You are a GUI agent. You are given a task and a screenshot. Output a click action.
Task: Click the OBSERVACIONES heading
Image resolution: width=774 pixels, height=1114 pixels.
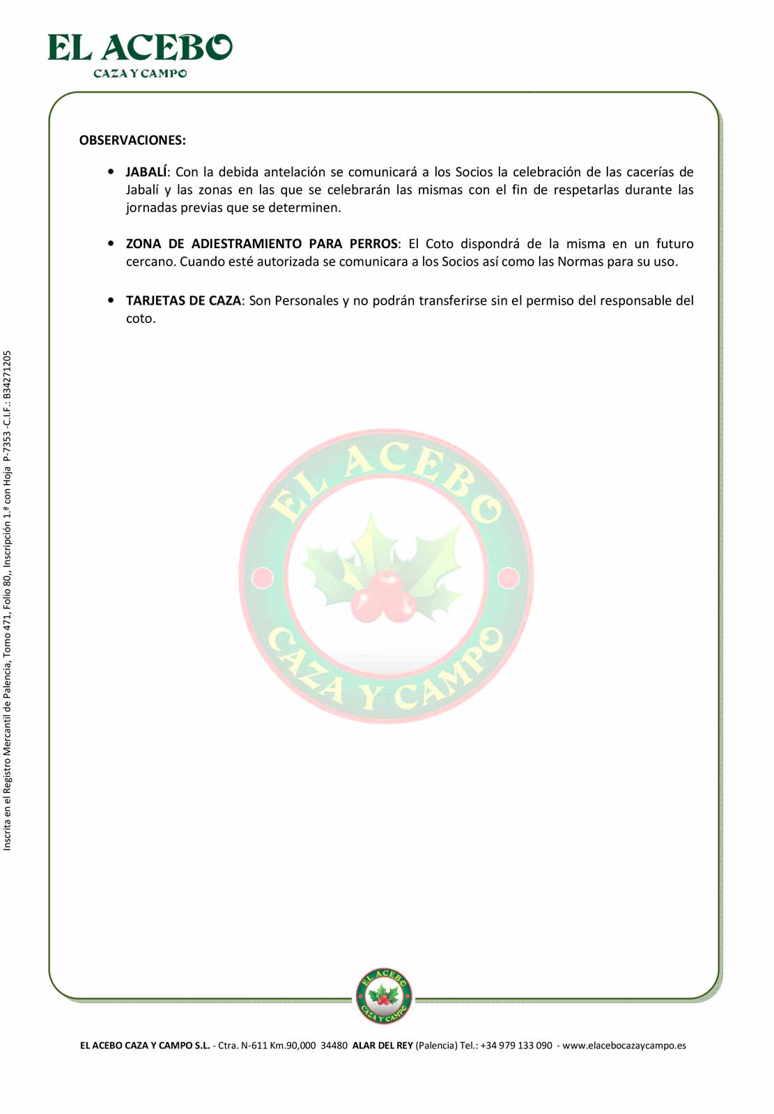click(132, 140)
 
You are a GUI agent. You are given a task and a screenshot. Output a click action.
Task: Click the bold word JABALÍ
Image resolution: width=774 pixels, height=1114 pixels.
click(146, 172)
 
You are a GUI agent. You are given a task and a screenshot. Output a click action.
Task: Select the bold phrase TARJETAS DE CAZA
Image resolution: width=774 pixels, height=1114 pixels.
click(183, 300)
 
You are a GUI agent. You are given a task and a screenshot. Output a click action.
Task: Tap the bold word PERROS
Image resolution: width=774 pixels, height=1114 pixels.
click(373, 244)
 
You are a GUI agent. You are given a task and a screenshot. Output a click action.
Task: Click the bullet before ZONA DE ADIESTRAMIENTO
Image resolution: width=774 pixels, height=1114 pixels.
click(111, 243)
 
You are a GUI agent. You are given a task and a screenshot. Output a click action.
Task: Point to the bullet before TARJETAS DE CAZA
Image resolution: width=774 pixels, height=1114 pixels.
click(111, 300)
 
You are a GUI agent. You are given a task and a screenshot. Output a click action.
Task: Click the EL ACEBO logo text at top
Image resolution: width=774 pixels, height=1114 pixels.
click(139, 48)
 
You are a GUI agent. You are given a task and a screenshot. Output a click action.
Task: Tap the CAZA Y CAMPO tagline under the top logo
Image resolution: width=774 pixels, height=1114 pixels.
click(140, 73)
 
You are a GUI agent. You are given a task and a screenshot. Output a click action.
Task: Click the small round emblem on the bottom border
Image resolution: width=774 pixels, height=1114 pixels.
click(384, 995)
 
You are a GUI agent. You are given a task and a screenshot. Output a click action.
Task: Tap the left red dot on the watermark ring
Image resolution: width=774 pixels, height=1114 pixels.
click(263, 578)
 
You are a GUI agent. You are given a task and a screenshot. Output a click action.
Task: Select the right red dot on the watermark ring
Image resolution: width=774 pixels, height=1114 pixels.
click(509, 578)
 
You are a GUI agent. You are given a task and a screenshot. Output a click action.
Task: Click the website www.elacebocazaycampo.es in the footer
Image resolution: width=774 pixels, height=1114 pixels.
click(624, 1046)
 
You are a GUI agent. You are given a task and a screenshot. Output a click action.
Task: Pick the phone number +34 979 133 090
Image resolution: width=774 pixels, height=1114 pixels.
click(516, 1046)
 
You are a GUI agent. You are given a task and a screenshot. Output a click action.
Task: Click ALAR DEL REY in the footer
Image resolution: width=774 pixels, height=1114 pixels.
click(382, 1046)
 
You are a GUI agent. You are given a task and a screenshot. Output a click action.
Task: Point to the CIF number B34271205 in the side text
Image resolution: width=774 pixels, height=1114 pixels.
click(7, 374)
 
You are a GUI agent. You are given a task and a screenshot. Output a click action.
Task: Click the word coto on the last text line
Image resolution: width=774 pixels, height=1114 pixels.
click(140, 319)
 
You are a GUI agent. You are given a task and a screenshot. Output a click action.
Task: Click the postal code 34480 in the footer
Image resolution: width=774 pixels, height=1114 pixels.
click(334, 1046)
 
